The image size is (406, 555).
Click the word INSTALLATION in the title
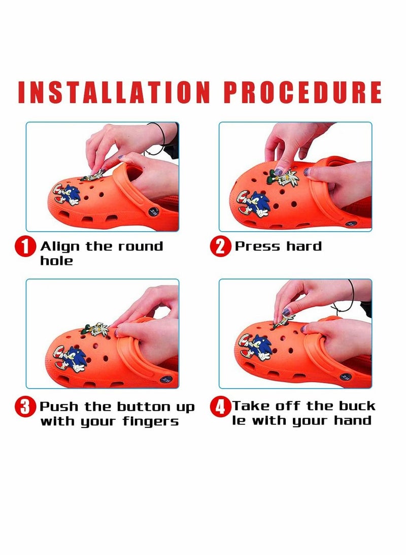click(114, 92)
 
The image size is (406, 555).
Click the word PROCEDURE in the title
click(303, 92)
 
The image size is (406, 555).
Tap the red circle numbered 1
click(25, 246)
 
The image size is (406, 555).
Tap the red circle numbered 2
click(220, 246)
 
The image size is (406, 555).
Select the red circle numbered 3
click(25, 407)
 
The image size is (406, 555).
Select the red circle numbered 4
click(220, 407)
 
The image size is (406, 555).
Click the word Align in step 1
click(60, 246)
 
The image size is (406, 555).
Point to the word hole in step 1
click(56, 261)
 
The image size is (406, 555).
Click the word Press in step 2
click(258, 246)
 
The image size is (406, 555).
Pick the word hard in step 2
click(304, 246)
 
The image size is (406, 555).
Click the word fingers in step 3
click(151, 421)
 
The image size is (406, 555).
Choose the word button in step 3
click(144, 407)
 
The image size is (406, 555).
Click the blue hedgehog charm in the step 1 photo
click(67, 195)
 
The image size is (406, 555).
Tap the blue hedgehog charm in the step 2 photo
click(254, 204)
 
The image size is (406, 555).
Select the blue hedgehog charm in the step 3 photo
click(71, 359)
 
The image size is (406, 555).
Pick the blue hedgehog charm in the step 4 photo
click(256, 348)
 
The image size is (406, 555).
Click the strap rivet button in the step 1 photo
click(154, 212)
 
